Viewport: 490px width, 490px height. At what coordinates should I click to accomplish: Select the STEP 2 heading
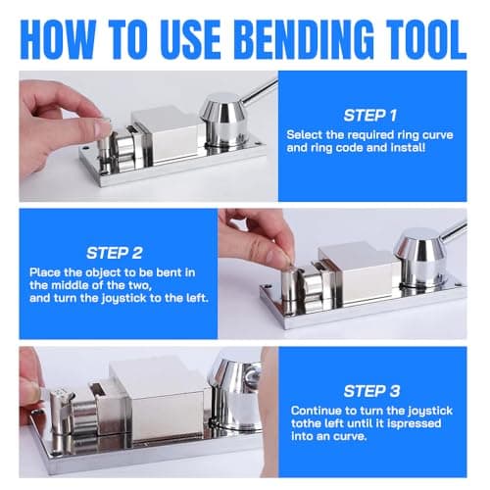pos(116,252)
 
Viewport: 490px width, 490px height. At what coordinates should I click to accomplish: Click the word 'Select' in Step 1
pos(306,133)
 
